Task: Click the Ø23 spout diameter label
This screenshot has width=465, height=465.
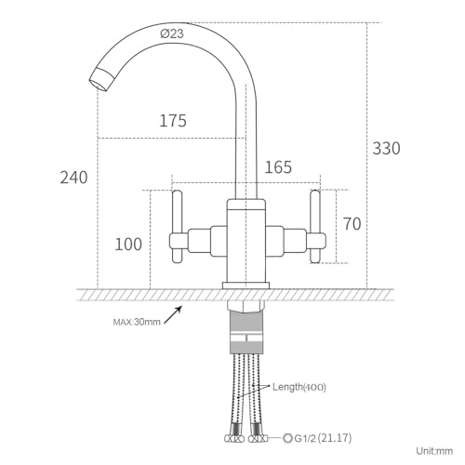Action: click(x=172, y=33)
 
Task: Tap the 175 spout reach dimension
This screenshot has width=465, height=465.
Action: click(x=173, y=121)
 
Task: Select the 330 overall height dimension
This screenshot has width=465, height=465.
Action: click(x=386, y=148)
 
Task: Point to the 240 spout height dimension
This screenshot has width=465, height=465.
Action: click(x=73, y=178)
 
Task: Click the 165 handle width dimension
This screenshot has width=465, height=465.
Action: click(x=278, y=167)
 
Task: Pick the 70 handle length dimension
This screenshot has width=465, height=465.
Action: click(x=352, y=223)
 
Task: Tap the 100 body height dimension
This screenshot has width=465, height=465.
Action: click(x=128, y=244)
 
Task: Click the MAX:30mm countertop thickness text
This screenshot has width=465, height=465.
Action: click(x=137, y=322)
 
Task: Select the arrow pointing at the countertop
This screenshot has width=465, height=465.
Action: click(x=173, y=314)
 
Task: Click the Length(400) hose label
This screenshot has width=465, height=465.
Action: click(x=299, y=387)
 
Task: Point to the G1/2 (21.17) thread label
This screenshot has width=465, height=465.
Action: click(x=323, y=438)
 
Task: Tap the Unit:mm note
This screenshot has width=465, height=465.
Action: click(x=434, y=451)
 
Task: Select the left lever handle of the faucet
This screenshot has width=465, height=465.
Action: click(x=178, y=227)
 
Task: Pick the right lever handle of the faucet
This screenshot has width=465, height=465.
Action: click(x=315, y=227)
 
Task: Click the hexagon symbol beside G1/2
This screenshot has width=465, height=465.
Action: click(x=287, y=438)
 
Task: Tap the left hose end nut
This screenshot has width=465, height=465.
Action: click(x=234, y=438)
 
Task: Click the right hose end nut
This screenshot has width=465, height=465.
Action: click(x=259, y=438)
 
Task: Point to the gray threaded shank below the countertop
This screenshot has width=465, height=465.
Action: click(x=246, y=332)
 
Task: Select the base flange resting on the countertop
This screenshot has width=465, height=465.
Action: click(x=246, y=286)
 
